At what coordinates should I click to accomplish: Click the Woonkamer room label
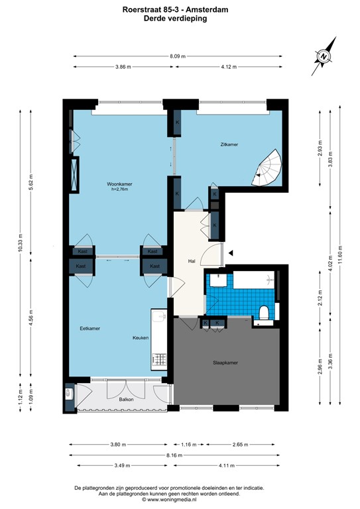120,184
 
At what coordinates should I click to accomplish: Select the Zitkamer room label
229,144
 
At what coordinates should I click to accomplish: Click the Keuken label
140,338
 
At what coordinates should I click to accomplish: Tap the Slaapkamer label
225,363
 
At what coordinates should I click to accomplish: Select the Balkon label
127,400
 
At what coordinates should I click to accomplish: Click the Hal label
192,261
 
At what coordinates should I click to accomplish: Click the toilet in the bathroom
265,312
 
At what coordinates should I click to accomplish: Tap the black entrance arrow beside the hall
231,253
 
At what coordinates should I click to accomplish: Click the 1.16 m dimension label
190,445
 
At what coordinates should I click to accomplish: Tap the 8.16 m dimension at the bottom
180,456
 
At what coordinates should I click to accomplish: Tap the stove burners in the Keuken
159,361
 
